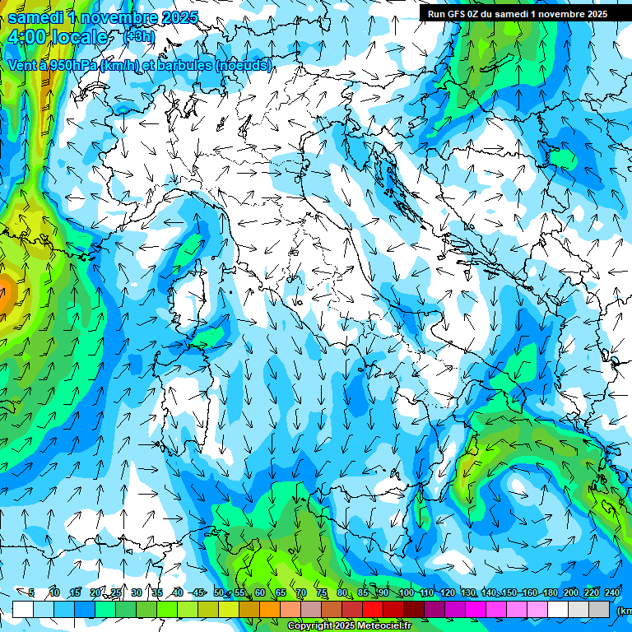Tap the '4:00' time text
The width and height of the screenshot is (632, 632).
pos(28,38)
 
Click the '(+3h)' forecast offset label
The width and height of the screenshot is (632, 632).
pos(137,36)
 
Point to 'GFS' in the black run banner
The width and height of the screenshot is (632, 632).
pos(456,13)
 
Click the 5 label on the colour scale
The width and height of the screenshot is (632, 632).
pos(30,592)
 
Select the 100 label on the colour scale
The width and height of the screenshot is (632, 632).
pos(406,592)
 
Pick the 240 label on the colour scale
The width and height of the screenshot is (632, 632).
pos(611,592)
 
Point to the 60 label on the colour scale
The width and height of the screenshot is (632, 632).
pos(259,592)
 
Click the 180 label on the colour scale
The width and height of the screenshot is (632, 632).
pos(550,592)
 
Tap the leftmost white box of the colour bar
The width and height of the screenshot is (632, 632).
pos(23,609)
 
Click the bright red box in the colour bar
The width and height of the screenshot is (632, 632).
pos(373,609)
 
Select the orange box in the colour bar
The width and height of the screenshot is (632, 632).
pos(270,609)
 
